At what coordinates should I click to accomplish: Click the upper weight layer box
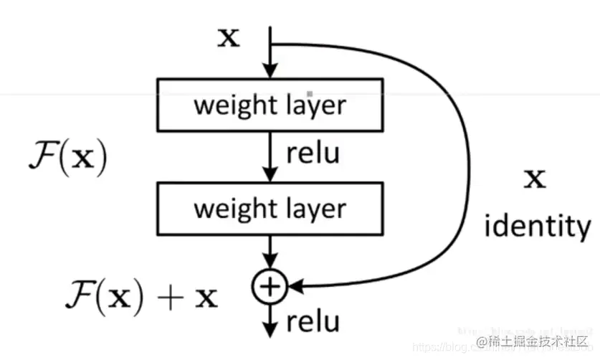pyautogui.click(x=270, y=105)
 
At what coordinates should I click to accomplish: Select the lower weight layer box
pyautogui.click(x=270, y=209)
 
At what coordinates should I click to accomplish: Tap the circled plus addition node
pyautogui.click(x=270, y=287)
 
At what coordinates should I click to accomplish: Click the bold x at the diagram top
pyautogui.click(x=229, y=37)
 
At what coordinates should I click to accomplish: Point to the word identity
pyautogui.click(x=537, y=227)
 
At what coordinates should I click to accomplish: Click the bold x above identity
pyautogui.click(x=534, y=179)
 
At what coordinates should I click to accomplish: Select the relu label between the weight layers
pyautogui.click(x=313, y=153)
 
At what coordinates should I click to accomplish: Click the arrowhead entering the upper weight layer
pyautogui.click(x=270, y=72)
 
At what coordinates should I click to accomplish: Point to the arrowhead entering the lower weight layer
pyautogui.click(x=270, y=176)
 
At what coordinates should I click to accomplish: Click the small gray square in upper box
pyautogui.click(x=310, y=93)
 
